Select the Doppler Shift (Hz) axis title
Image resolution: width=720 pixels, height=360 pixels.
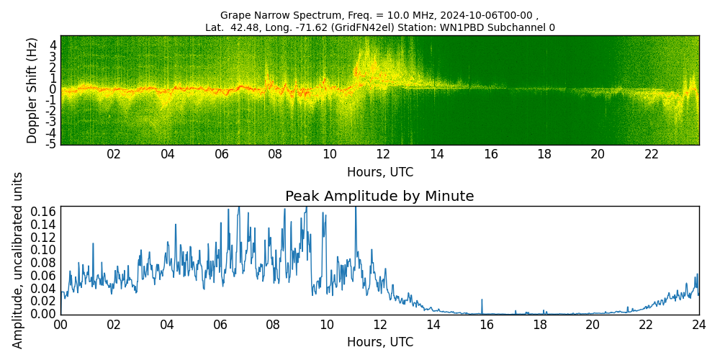32,90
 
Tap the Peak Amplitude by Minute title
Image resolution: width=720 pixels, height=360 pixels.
379,197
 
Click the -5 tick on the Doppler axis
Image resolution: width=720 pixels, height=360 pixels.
52,145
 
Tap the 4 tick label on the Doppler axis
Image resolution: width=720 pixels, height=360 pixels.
53,44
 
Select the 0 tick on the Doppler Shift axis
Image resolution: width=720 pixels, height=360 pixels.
53,89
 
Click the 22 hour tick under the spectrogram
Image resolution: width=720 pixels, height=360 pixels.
652,154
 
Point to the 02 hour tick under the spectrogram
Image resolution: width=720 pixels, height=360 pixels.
114,154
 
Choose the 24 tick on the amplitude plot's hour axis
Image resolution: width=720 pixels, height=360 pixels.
698,324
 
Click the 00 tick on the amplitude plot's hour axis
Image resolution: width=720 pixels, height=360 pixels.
60,324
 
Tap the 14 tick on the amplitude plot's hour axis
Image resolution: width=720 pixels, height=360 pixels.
433,324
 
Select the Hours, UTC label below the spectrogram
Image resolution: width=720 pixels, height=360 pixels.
379,173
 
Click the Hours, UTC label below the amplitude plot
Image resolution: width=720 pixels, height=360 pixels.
379,342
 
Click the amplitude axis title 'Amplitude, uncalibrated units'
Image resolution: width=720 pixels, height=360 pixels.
18,260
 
